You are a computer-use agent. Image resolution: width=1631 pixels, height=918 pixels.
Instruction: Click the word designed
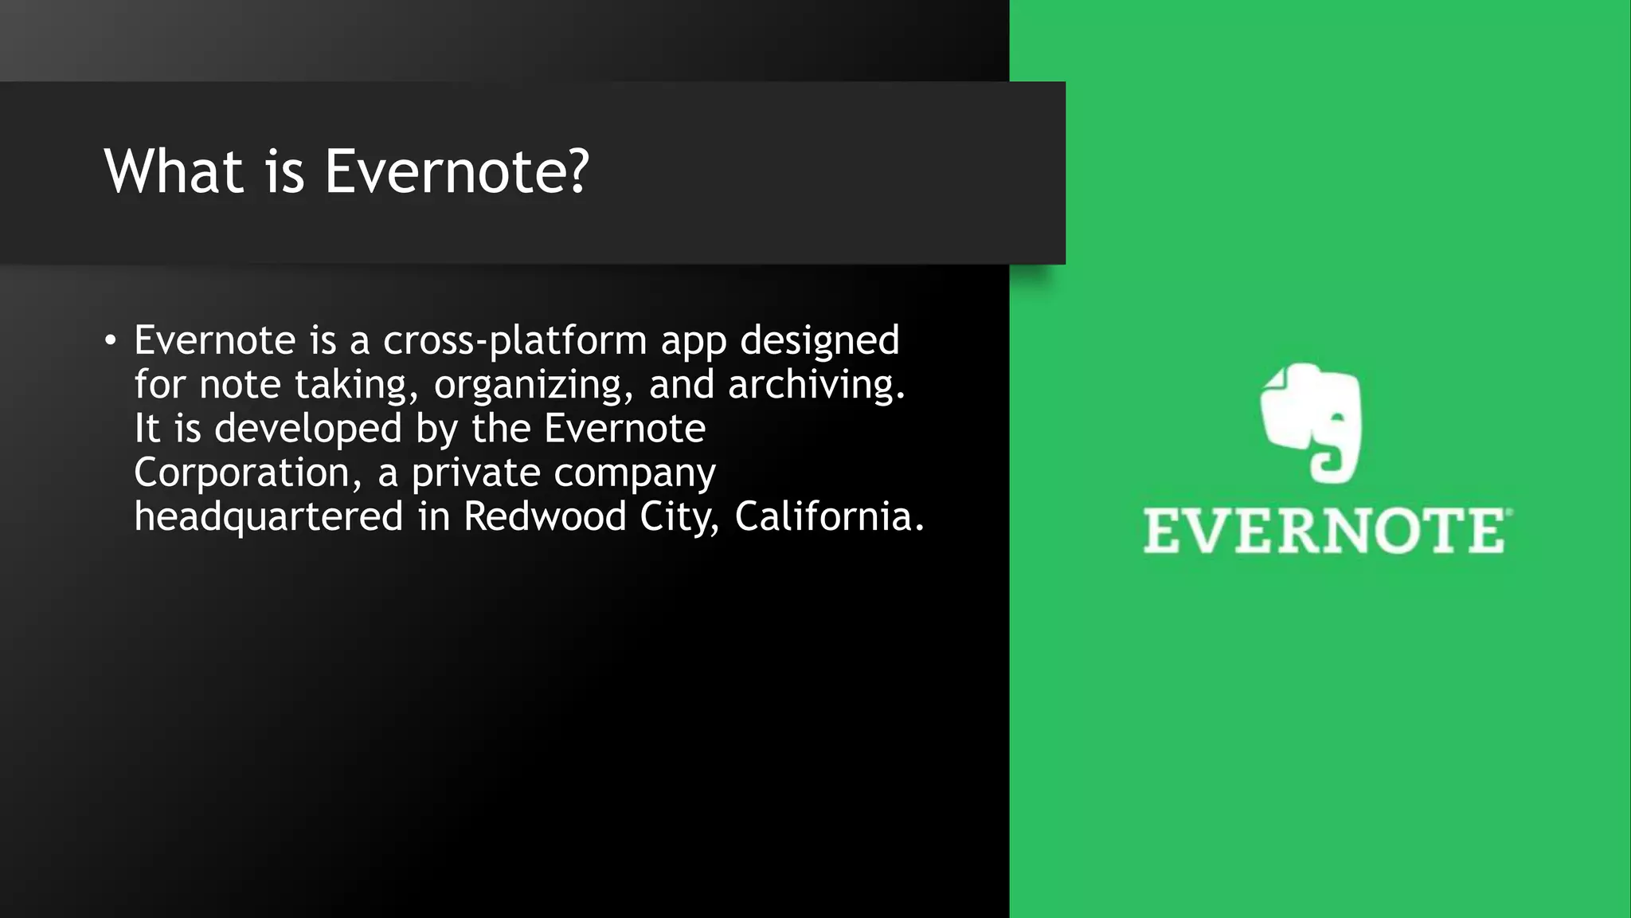[819, 342]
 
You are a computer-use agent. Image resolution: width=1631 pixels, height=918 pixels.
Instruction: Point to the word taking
[356, 386]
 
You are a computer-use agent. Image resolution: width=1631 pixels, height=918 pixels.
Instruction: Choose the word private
[476, 473]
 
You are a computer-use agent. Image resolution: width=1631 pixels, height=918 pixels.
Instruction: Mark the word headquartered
[268, 518]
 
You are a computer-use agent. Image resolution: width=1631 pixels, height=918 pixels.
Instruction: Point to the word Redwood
[545, 516]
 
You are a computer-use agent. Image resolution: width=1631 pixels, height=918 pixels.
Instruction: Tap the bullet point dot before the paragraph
[111, 341]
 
